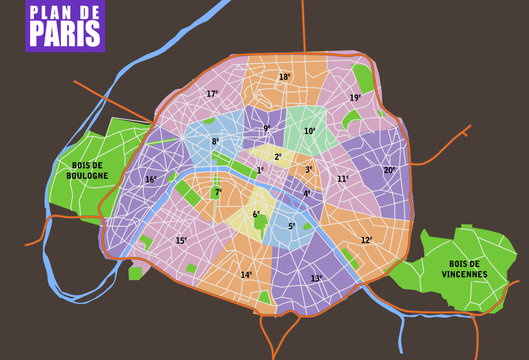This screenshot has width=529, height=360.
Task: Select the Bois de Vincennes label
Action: click(463, 268)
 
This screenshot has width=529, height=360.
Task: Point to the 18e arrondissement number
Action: click(285, 77)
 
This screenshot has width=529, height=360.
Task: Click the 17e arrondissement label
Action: click(212, 94)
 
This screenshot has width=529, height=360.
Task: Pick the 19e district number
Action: click(355, 98)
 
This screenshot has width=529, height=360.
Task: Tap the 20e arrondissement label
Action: click(390, 170)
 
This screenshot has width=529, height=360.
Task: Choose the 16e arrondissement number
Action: click(151, 180)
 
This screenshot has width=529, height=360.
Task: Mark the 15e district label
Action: click(181, 241)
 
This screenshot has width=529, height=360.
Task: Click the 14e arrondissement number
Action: click(246, 275)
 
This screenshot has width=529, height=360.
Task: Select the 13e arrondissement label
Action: click(317, 279)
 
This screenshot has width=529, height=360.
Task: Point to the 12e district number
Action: click(367, 240)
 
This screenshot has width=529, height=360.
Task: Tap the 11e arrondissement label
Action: click(342, 179)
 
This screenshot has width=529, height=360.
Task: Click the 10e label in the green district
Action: click(309, 131)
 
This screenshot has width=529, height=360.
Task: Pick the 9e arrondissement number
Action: click(267, 128)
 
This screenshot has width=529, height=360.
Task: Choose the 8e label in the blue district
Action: click(215, 142)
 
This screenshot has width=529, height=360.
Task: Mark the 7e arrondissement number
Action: click(218, 192)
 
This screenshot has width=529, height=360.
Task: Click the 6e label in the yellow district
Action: click(256, 214)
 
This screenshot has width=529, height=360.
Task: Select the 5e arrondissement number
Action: click(292, 226)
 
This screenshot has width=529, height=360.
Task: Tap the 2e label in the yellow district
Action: click(278, 157)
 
